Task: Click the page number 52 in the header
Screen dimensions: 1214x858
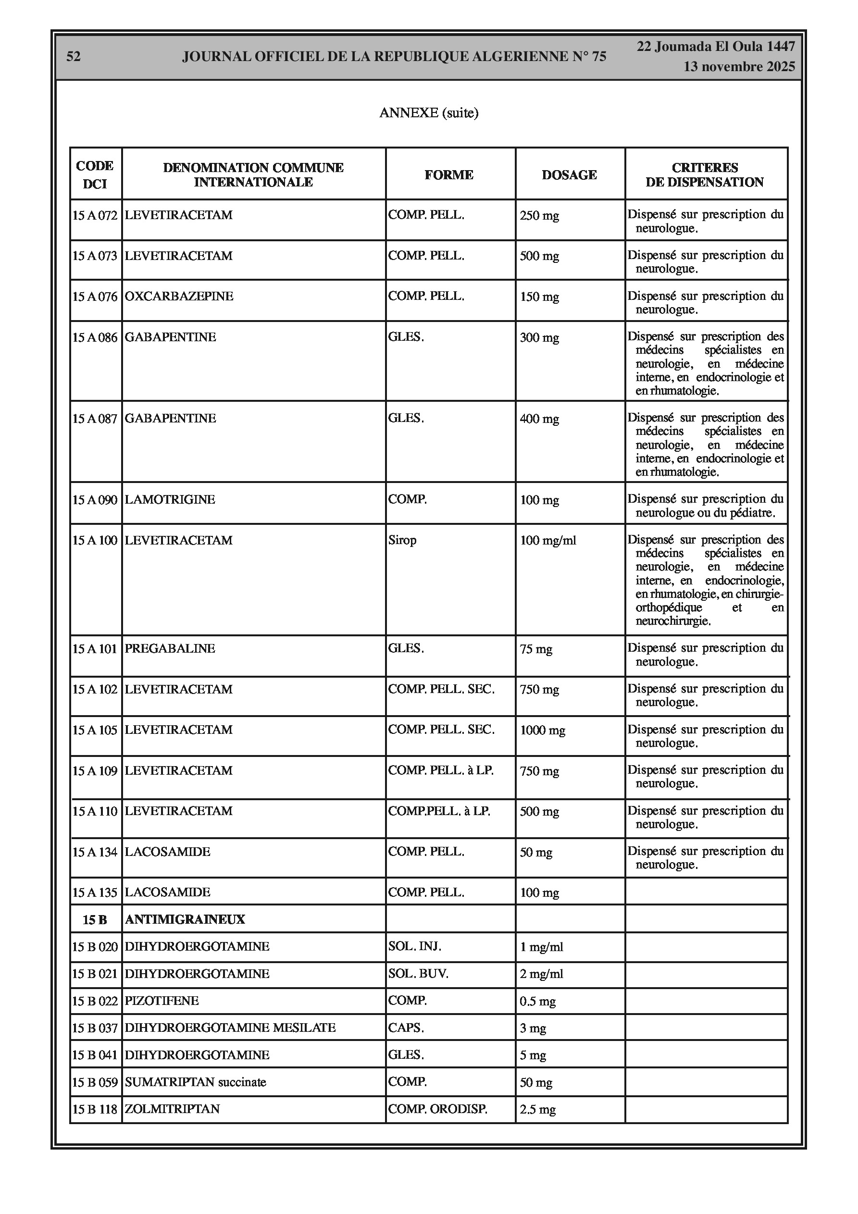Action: (74, 57)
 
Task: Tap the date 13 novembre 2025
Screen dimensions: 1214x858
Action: (739, 67)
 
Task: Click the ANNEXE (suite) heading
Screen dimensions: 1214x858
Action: (428, 112)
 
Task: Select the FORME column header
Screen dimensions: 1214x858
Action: (448, 174)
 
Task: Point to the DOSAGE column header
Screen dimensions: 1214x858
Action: (569, 174)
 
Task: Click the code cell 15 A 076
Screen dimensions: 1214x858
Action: (95, 297)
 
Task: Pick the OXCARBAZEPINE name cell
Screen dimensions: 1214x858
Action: (179, 296)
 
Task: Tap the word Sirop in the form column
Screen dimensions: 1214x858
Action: (402, 540)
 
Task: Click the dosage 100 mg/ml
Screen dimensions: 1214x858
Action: (548, 540)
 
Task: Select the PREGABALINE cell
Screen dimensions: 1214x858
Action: (170, 648)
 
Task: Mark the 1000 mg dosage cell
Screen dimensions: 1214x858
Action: (542, 730)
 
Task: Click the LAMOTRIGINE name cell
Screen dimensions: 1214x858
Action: (170, 500)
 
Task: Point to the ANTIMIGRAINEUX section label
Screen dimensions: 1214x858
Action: (185, 919)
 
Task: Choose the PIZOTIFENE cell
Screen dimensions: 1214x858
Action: (162, 1001)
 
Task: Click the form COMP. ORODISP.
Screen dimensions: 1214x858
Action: (437, 1109)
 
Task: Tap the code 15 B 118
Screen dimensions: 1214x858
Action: (95, 1109)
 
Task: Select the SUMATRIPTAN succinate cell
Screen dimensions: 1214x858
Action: (195, 1082)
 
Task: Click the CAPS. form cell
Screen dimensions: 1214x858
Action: (406, 1028)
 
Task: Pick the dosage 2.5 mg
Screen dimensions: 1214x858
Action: (537, 1109)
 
